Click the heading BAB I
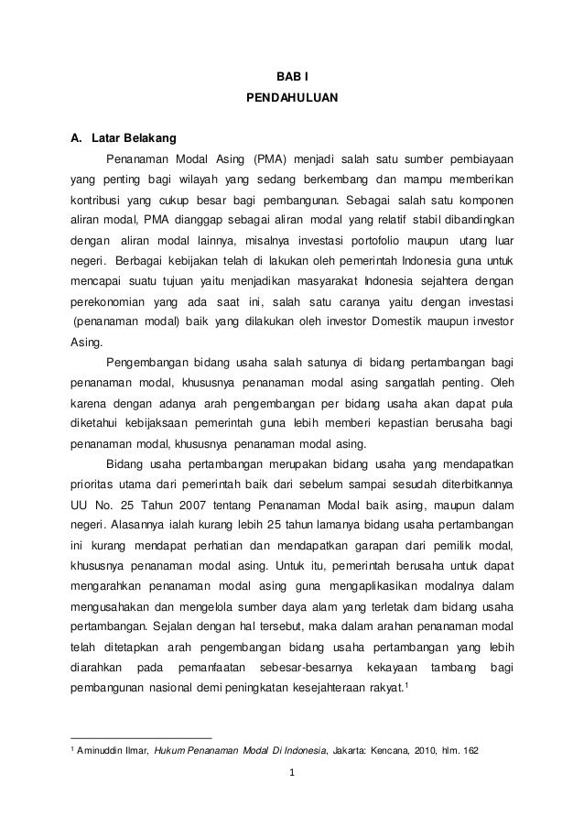click(292, 72)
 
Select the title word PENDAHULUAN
click(292, 96)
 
